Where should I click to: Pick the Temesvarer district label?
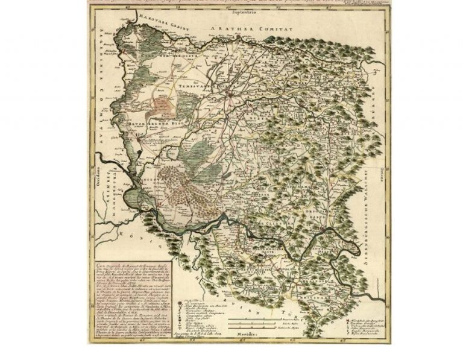tap(199, 87)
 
